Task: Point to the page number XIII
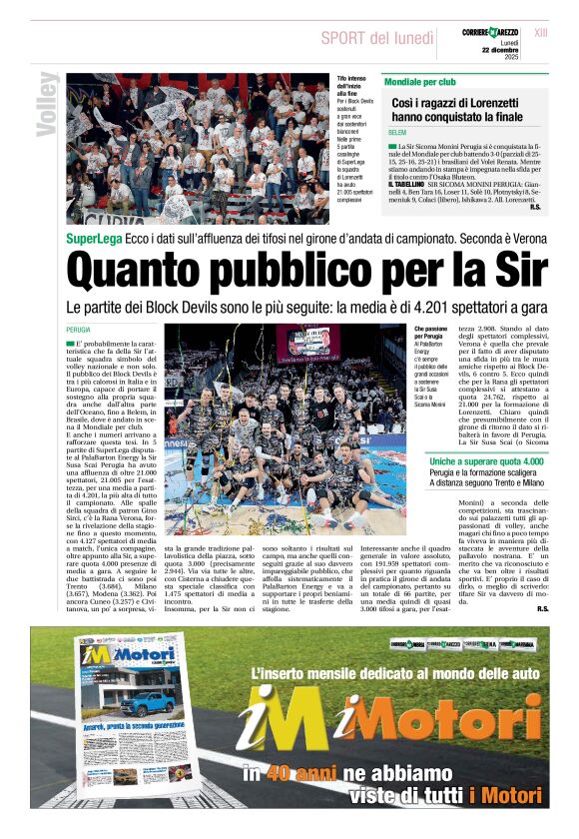541,33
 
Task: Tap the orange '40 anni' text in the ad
291,773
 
